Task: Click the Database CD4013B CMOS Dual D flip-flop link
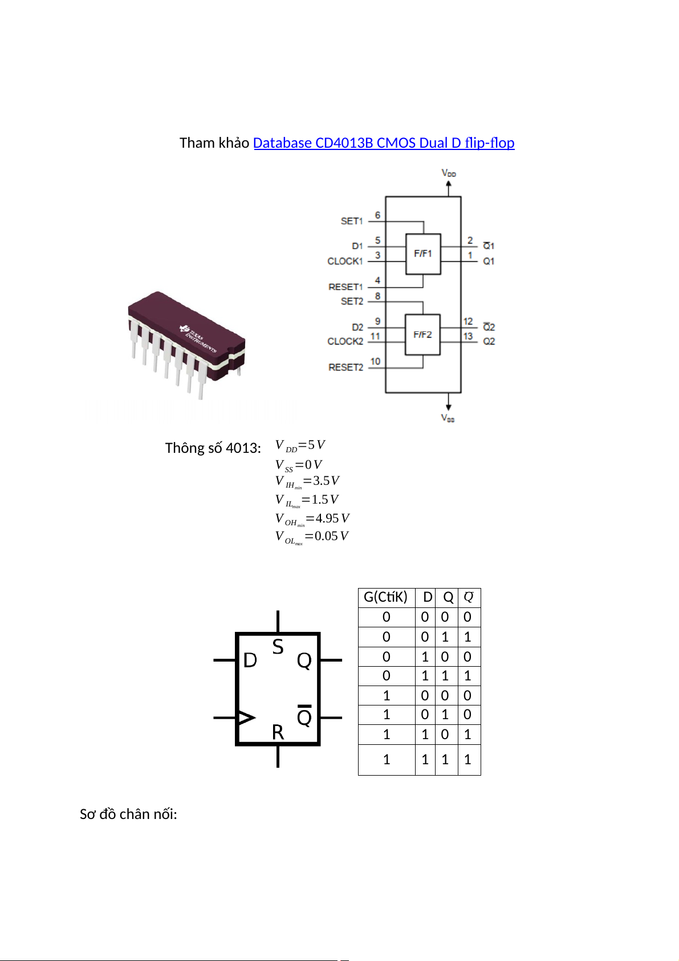point(384,143)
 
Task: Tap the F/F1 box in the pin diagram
point(423,254)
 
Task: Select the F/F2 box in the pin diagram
point(423,335)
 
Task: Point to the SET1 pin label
point(352,221)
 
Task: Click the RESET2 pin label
point(345,367)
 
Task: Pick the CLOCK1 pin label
point(345,261)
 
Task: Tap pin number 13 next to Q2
point(468,336)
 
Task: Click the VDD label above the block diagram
point(449,173)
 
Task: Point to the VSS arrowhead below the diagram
point(449,407)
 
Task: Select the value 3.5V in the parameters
point(326,481)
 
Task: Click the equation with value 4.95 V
point(312,519)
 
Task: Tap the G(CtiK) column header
point(386,597)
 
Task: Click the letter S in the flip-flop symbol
point(278,647)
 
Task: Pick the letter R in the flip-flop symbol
point(278,732)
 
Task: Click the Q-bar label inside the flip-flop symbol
point(304,716)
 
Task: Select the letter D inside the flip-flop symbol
point(250,660)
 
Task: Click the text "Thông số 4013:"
point(213,448)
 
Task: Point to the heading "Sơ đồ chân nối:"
point(128,814)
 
